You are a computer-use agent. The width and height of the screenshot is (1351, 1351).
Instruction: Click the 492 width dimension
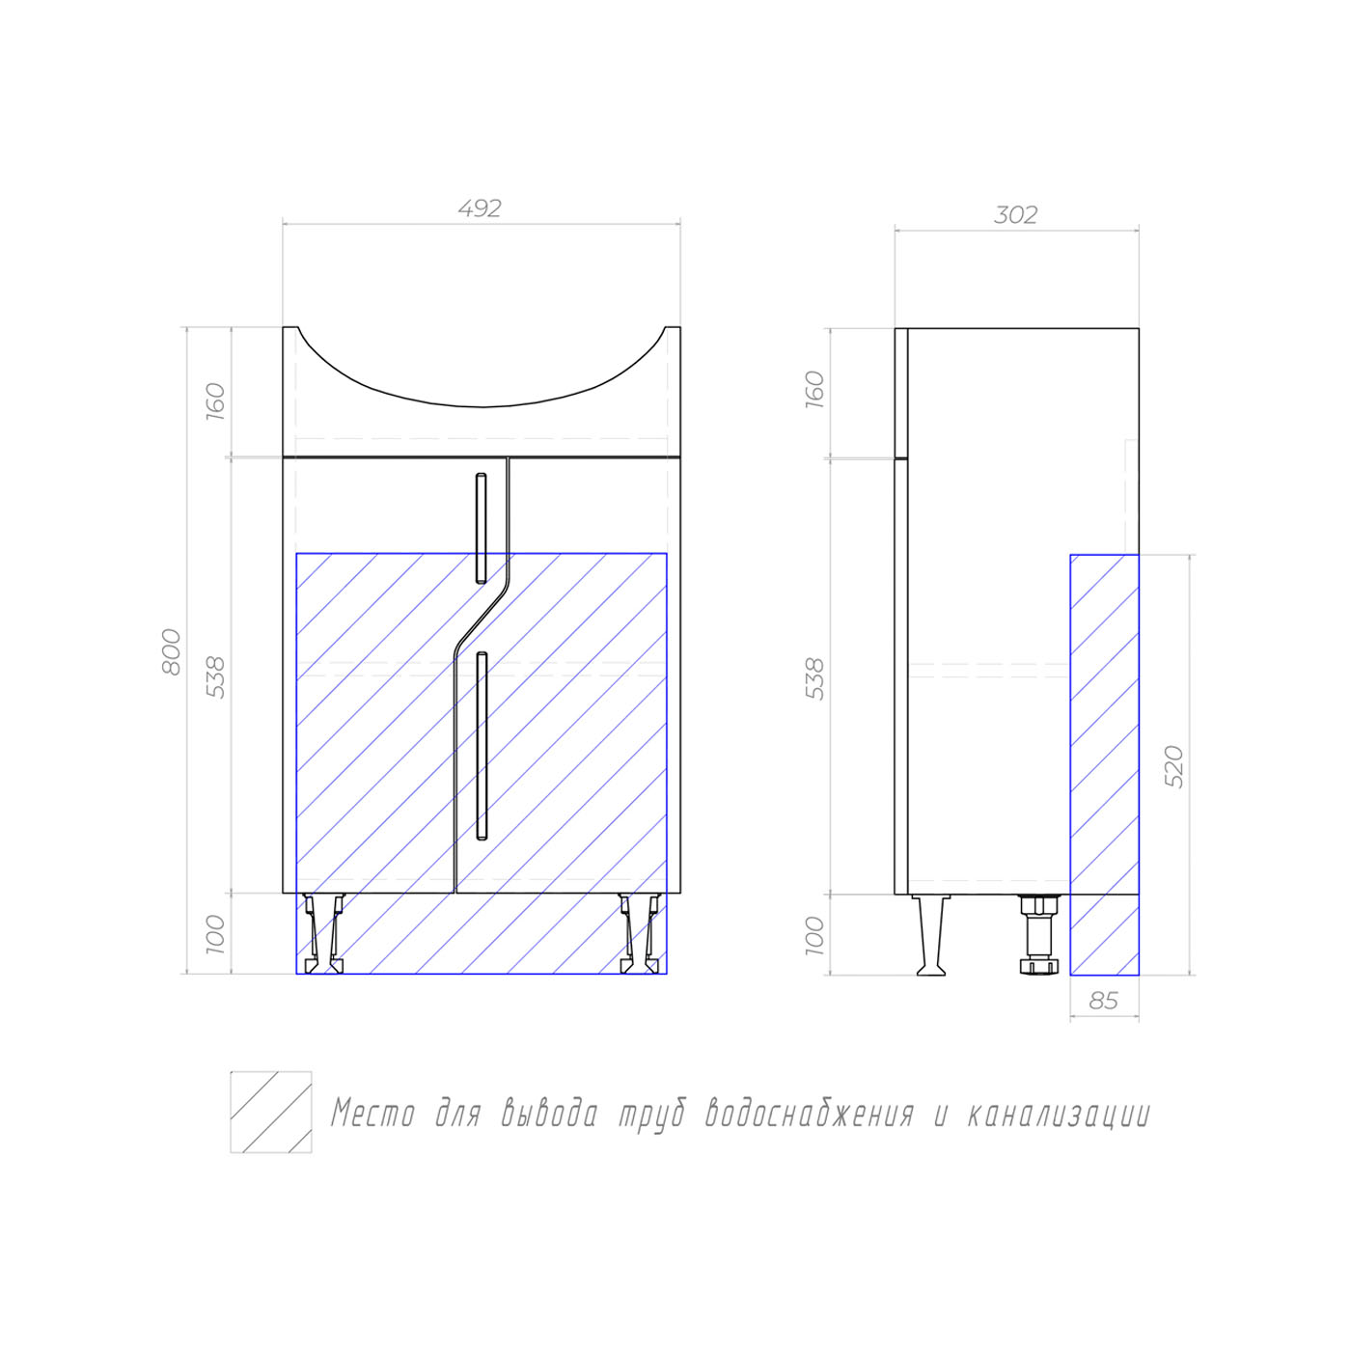tap(480, 208)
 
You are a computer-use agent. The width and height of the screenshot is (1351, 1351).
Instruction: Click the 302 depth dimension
tap(1015, 214)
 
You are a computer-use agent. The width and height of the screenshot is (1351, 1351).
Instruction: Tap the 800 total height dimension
tap(172, 652)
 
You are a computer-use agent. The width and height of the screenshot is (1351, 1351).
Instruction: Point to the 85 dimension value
tap(1104, 1001)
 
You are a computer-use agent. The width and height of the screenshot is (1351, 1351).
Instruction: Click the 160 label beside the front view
tap(215, 401)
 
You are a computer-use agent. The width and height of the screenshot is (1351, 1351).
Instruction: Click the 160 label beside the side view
tap(814, 390)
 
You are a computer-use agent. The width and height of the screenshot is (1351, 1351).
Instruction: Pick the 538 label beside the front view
tap(215, 677)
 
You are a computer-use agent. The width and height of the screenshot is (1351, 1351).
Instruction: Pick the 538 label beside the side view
tap(814, 678)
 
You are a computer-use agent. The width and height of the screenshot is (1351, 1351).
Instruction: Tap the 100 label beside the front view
tap(215, 934)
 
